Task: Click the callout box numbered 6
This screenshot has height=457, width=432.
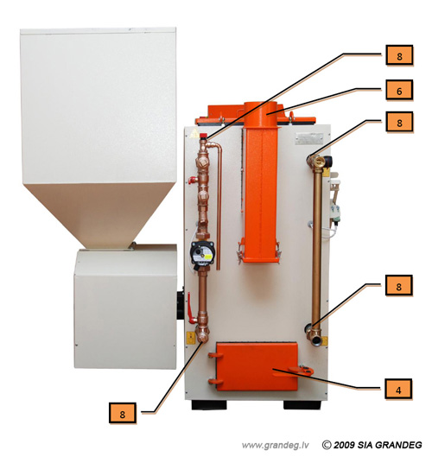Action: click(399, 91)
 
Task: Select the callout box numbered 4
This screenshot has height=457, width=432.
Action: click(398, 390)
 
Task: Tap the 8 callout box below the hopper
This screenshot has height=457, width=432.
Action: click(123, 413)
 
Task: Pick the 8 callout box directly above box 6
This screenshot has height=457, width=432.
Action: click(399, 55)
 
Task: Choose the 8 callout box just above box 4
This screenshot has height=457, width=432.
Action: click(399, 286)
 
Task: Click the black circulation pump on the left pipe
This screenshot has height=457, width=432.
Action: click(202, 253)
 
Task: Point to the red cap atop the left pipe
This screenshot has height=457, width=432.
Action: click(203, 136)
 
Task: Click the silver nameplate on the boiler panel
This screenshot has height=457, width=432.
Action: click(309, 138)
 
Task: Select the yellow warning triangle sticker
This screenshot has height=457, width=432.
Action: click(193, 135)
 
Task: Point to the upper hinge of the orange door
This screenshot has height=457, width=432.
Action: click(215, 355)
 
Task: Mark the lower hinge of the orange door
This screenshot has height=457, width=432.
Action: click(215, 381)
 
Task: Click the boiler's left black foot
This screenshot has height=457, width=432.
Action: click(209, 405)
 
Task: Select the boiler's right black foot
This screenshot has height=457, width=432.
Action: click(302, 405)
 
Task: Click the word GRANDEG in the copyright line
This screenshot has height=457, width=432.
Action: click(398, 445)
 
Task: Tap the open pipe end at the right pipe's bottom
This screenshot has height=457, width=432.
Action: click(315, 340)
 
